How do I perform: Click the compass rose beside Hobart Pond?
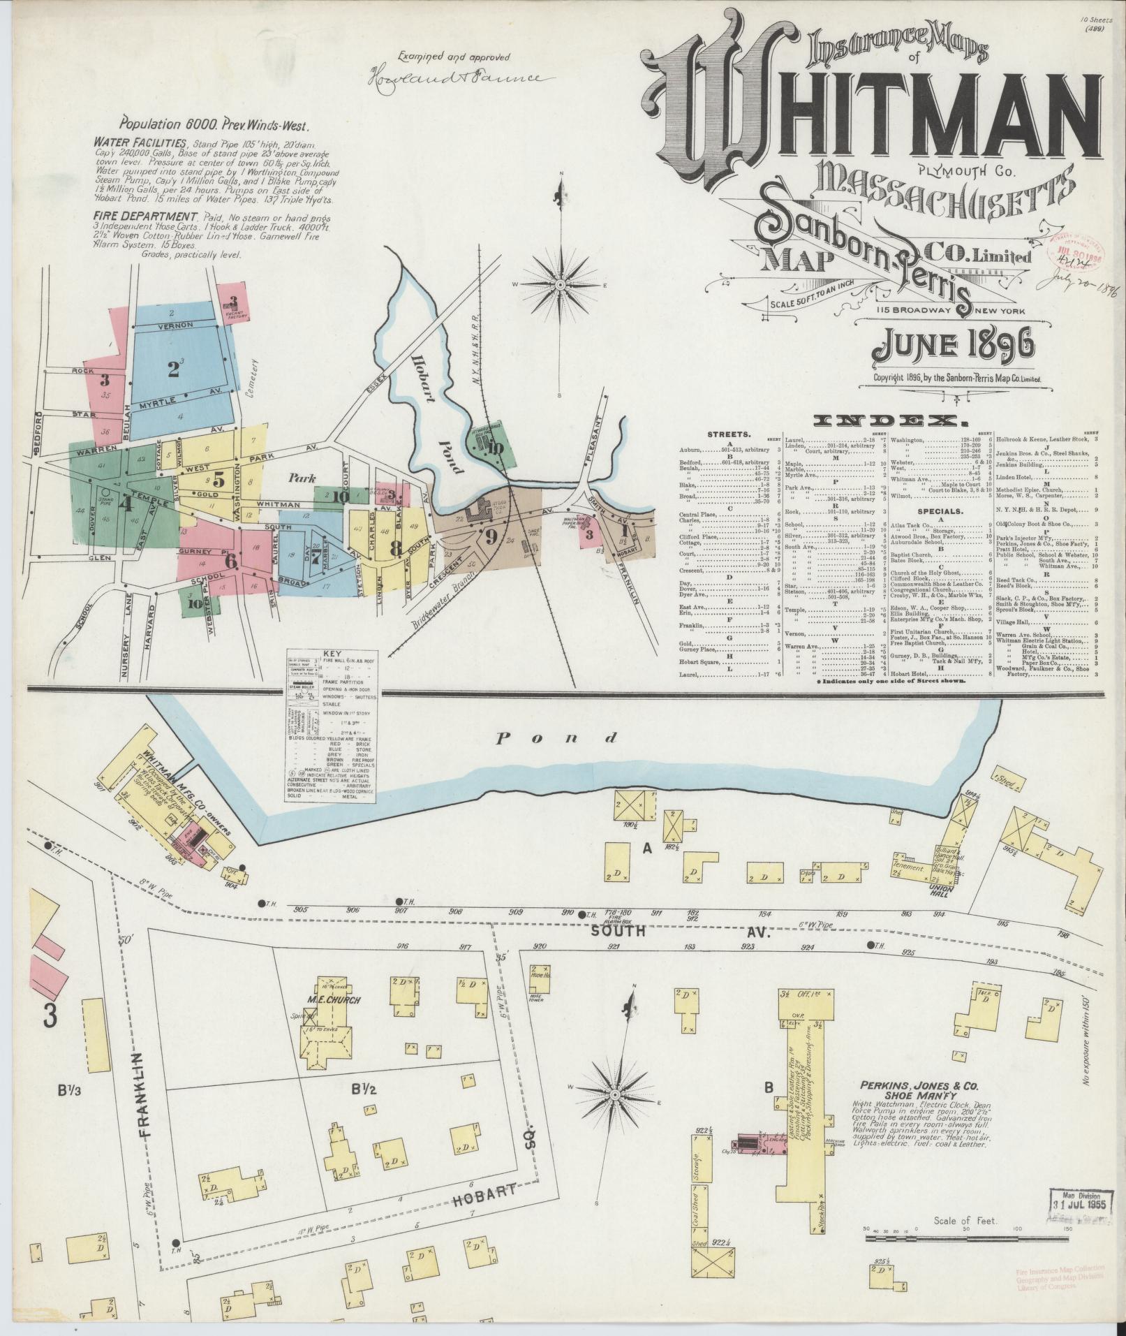[x=560, y=286]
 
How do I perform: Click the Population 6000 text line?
[x=214, y=126]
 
